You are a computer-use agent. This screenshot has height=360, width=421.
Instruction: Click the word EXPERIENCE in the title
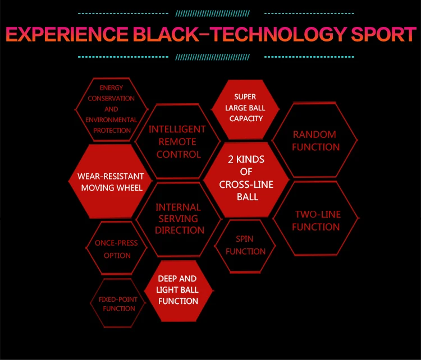pyautogui.click(x=67, y=34)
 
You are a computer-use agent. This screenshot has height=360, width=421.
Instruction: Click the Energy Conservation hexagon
pyautogui.click(x=111, y=109)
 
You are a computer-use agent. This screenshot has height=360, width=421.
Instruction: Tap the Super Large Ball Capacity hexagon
pyautogui.click(x=245, y=108)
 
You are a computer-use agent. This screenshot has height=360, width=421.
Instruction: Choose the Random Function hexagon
pyautogui.click(x=315, y=141)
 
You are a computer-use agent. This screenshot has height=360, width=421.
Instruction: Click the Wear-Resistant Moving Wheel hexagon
pyautogui.click(x=111, y=182)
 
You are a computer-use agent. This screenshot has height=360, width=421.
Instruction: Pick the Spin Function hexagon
pyautogui.click(x=245, y=246)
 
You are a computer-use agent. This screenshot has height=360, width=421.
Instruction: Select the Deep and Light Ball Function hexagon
pyautogui.click(x=178, y=290)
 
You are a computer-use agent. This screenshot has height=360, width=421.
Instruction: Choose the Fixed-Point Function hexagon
pyautogui.click(x=118, y=303)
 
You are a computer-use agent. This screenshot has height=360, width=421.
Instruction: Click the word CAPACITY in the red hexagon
pyautogui.click(x=246, y=118)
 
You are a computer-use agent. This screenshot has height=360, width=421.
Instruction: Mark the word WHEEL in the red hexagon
pyautogui.click(x=130, y=188)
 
